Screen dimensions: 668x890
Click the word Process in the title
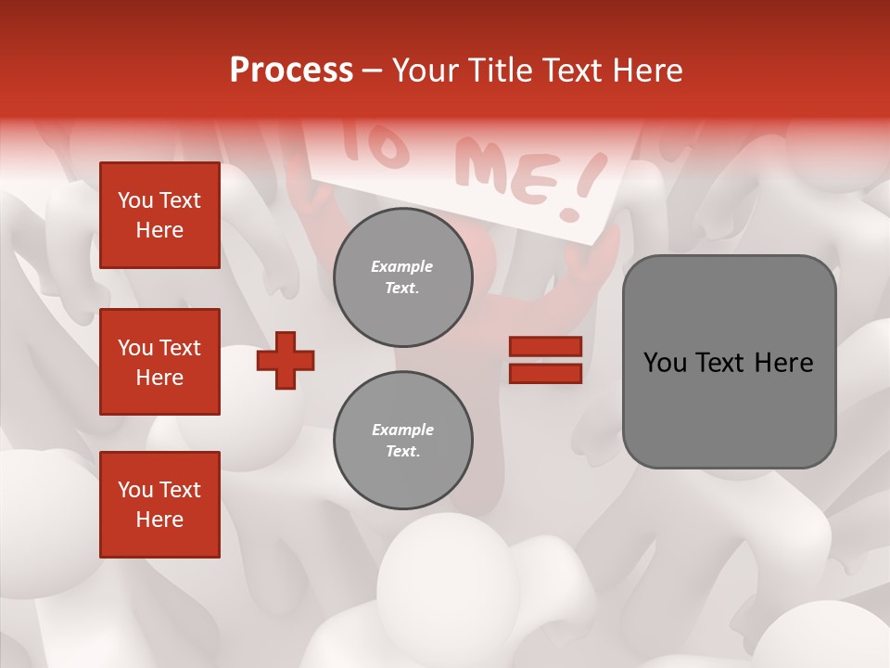pos(291,71)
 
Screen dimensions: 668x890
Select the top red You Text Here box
pos(159,215)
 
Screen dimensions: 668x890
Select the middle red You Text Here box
pos(159,362)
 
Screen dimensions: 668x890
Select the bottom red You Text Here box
pos(159,505)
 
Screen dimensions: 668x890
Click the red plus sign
pos(286,360)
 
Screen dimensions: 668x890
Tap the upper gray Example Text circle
pos(402,276)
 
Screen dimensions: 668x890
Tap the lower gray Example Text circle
pos(402,440)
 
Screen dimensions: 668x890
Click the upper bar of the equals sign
pos(546,347)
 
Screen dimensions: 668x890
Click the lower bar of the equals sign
pos(546,373)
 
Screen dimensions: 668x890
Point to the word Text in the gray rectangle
pos(722,363)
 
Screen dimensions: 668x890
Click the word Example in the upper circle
pos(402,266)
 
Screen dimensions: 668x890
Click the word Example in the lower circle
pos(402,430)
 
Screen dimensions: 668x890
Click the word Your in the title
pos(422,71)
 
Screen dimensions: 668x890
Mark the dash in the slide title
pos(372,71)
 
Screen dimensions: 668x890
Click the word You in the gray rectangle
pos(665,363)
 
